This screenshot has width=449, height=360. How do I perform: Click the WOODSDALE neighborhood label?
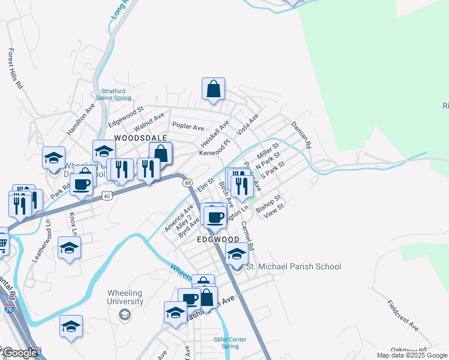coord(131,137)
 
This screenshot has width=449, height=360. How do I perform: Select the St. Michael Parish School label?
coord(294,266)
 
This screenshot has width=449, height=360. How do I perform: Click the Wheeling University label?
coord(125,297)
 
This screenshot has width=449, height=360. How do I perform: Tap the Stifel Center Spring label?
coord(231,343)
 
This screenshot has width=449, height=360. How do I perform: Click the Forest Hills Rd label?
coord(15,68)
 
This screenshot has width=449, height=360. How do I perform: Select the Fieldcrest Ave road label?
coord(403,315)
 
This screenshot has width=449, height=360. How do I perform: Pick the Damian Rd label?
coord(301,135)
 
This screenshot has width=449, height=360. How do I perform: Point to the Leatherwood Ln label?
coord(41,239)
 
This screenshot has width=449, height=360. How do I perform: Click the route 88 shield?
coord(188,183)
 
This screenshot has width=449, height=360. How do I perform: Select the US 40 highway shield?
coord(107,195)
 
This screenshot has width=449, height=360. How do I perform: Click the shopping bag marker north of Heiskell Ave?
coord(213,89)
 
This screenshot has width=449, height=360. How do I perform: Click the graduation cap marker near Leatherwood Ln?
coord(70,248)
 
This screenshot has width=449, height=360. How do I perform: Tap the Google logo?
coord(19,353)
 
